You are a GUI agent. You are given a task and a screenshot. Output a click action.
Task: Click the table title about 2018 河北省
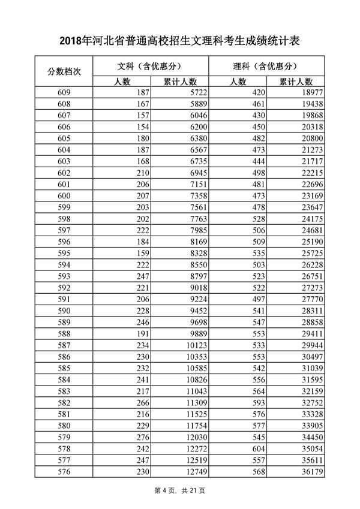(x=179, y=41)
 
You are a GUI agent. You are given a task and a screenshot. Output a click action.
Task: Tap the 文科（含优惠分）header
(x=149, y=66)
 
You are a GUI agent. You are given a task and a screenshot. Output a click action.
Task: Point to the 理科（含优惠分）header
(x=266, y=66)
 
